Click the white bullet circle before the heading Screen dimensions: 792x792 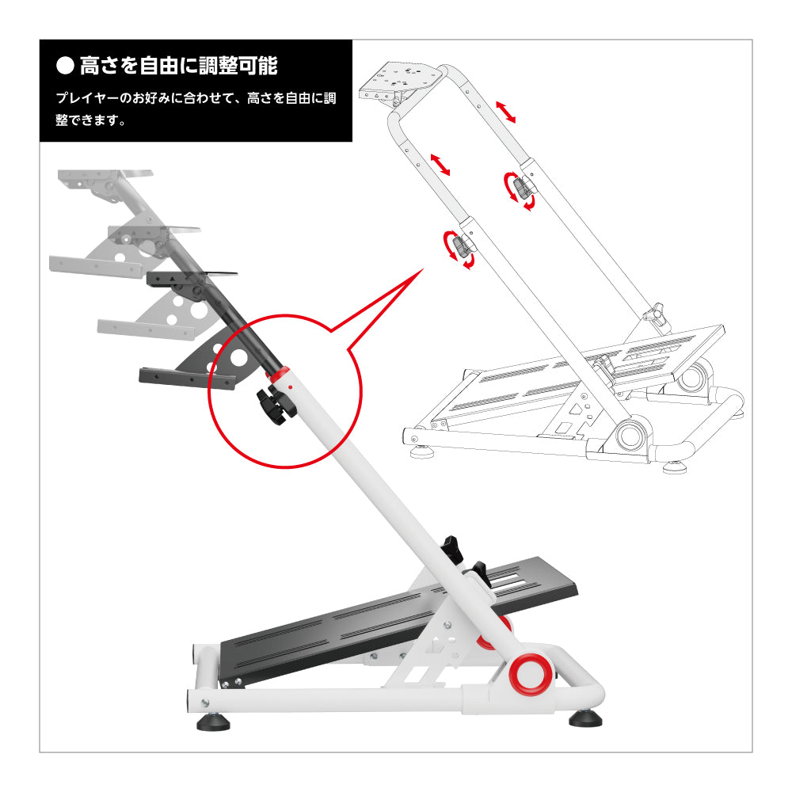click(66, 66)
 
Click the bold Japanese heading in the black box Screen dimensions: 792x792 click(178, 66)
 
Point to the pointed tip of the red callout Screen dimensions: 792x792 click(422, 270)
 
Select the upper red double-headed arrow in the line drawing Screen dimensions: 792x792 click(506, 112)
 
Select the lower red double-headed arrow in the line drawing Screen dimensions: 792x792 click(440, 164)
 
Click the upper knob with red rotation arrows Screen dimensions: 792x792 click(521, 189)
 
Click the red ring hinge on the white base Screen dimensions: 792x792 click(530, 673)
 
